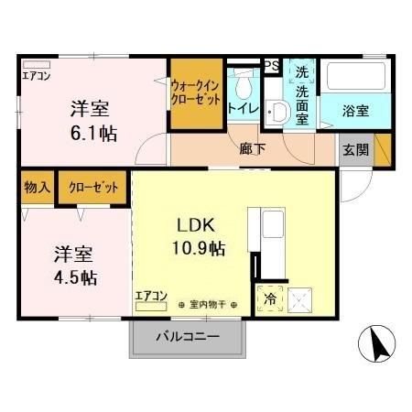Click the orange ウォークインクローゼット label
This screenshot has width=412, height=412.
(195, 92)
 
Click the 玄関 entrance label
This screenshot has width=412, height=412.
(355, 150)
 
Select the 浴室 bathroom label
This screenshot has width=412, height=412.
(355, 111)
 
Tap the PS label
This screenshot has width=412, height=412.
(271, 65)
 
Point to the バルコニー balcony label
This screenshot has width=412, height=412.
(187, 337)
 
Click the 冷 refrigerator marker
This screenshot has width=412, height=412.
(271, 298)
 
